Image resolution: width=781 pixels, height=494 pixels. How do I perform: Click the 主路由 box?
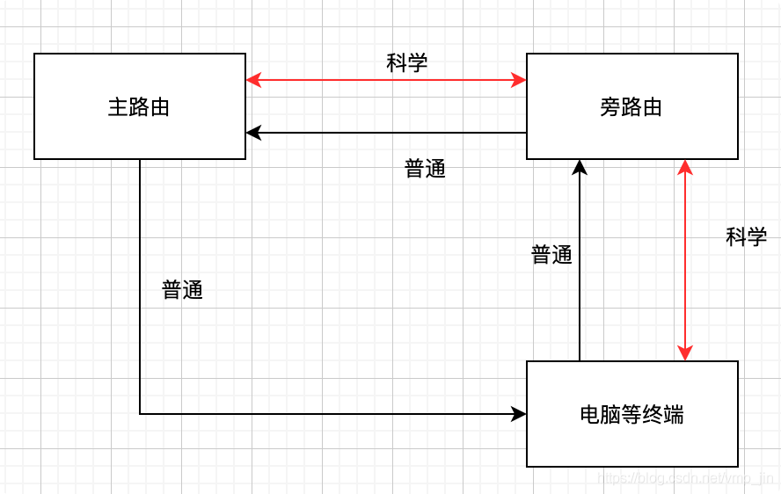pos(139,106)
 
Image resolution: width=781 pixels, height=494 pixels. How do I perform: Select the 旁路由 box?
pos(631,106)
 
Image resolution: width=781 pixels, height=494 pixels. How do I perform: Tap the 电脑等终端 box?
pos(631,414)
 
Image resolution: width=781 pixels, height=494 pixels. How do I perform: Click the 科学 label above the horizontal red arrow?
pos(407,62)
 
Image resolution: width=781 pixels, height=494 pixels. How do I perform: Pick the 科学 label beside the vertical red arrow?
pos(746,236)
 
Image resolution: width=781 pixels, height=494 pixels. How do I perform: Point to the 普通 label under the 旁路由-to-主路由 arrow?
pos(425,169)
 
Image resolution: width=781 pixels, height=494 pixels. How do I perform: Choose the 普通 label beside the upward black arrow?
pos(551,255)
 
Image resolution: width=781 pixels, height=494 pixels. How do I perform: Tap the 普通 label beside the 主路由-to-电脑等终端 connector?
pos(182,290)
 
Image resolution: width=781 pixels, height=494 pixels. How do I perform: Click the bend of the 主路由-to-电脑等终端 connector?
pos(140,413)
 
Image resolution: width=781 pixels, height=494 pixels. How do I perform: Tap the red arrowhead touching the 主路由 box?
pos(253,81)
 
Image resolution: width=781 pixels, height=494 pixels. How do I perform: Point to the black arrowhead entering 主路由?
pos(253,133)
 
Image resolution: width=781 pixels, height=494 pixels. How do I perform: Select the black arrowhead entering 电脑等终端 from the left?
pos(519,413)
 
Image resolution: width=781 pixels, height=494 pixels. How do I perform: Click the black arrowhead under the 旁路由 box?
pos(580,167)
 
